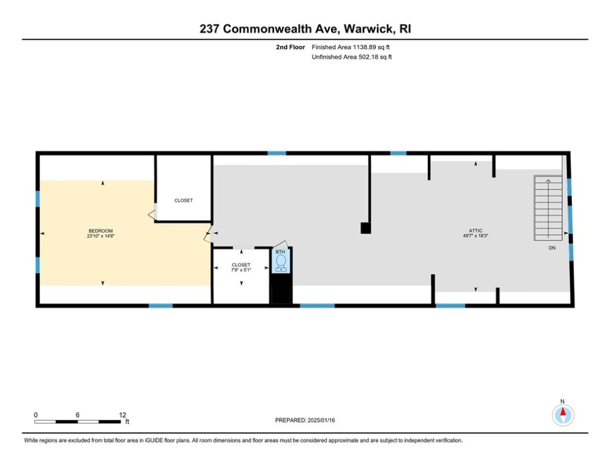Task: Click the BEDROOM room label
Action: click(100, 231)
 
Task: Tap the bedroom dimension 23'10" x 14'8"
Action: click(100, 236)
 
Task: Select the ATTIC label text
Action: click(475, 231)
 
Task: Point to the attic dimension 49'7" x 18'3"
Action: click(475, 236)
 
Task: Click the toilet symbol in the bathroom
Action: click(281, 262)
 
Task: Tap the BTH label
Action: click(280, 252)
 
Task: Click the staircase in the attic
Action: click(547, 208)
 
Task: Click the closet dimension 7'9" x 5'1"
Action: click(242, 270)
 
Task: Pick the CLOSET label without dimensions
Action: click(183, 201)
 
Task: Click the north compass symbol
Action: click(563, 415)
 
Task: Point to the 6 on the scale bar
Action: click(78, 415)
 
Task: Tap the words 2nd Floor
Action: click(290, 47)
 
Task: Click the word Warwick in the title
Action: click(368, 29)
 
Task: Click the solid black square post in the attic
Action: click(366, 228)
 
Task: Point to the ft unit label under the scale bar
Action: click(128, 422)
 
